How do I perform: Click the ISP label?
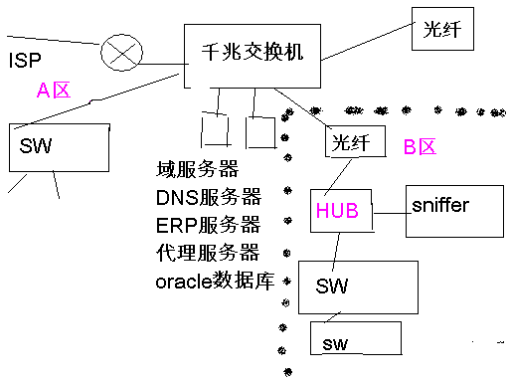click(25, 60)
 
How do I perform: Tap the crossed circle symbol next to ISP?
click(119, 55)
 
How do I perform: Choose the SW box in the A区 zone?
click(59, 149)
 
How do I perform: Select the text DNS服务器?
click(208, 196)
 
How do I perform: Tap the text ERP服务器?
click(208, 224)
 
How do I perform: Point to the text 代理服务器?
click(208, 252)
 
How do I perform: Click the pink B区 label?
click(420, 147)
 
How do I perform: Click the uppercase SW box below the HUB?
click(358, 287)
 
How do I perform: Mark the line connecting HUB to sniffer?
click(389, 211)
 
